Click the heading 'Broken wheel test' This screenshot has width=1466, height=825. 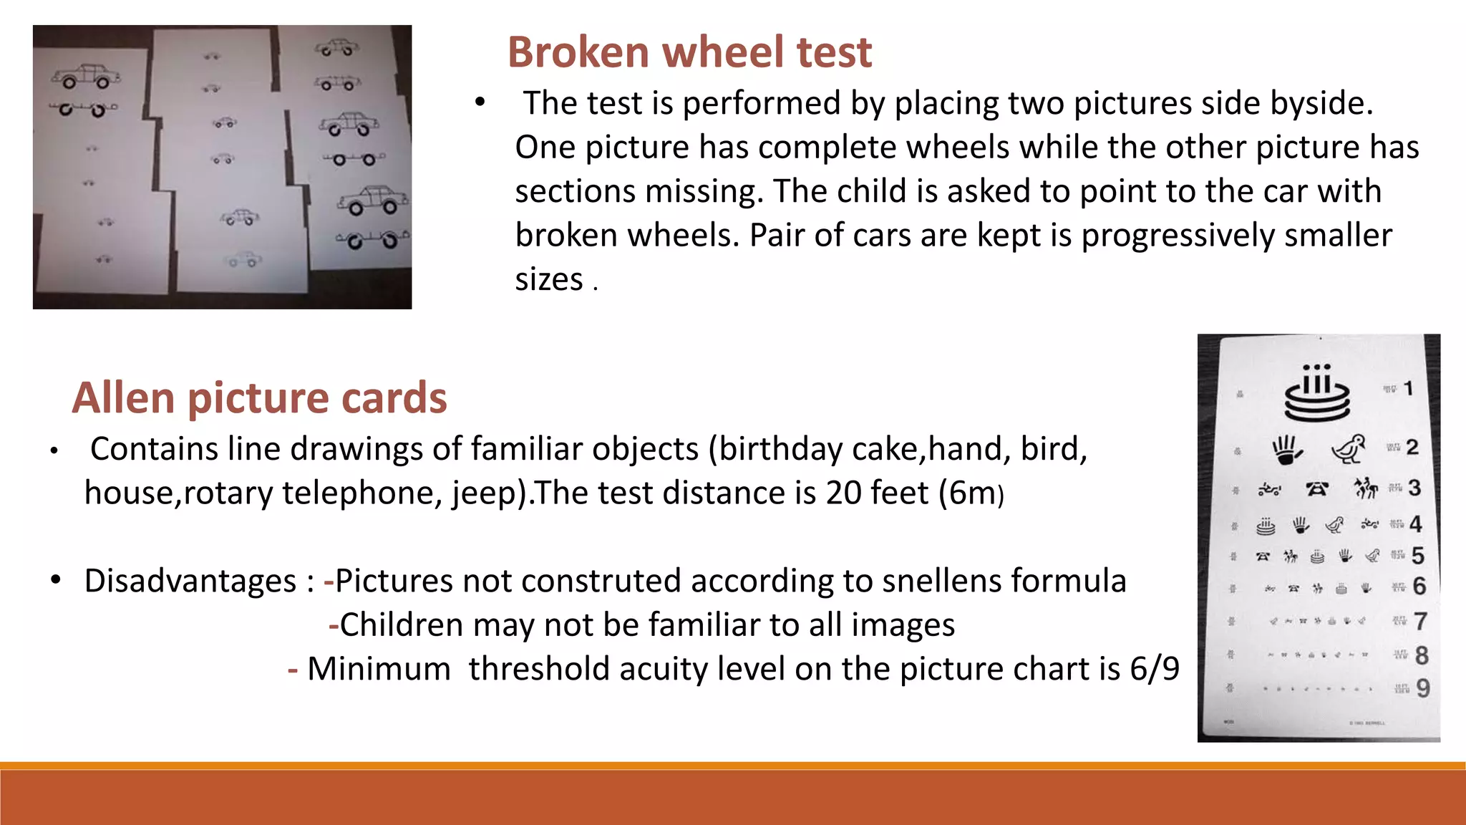click(689, 52)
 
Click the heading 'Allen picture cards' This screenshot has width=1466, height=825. click(259, 398)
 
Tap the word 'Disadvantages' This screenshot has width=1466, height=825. click(190, 581)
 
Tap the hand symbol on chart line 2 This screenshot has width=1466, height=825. click(1286, 450)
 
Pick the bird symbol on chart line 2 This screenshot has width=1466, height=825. click(1349, 449)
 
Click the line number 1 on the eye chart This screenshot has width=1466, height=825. click(1408, 389)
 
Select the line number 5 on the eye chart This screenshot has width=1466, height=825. click(1417, 555)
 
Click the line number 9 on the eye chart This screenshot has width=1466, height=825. click(1422, 688)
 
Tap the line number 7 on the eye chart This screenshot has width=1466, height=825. click(1420, 621)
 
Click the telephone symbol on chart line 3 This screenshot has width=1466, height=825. click(1317, 489)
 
